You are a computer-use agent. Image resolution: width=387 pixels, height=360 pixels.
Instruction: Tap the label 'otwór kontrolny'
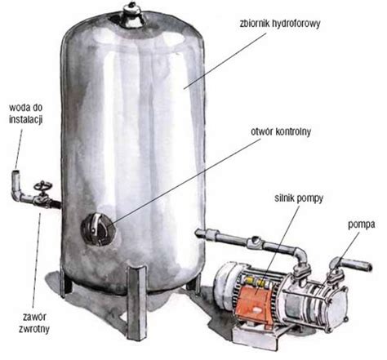[280, 131]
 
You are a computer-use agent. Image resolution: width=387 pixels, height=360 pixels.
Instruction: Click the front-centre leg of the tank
[137, 303]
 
